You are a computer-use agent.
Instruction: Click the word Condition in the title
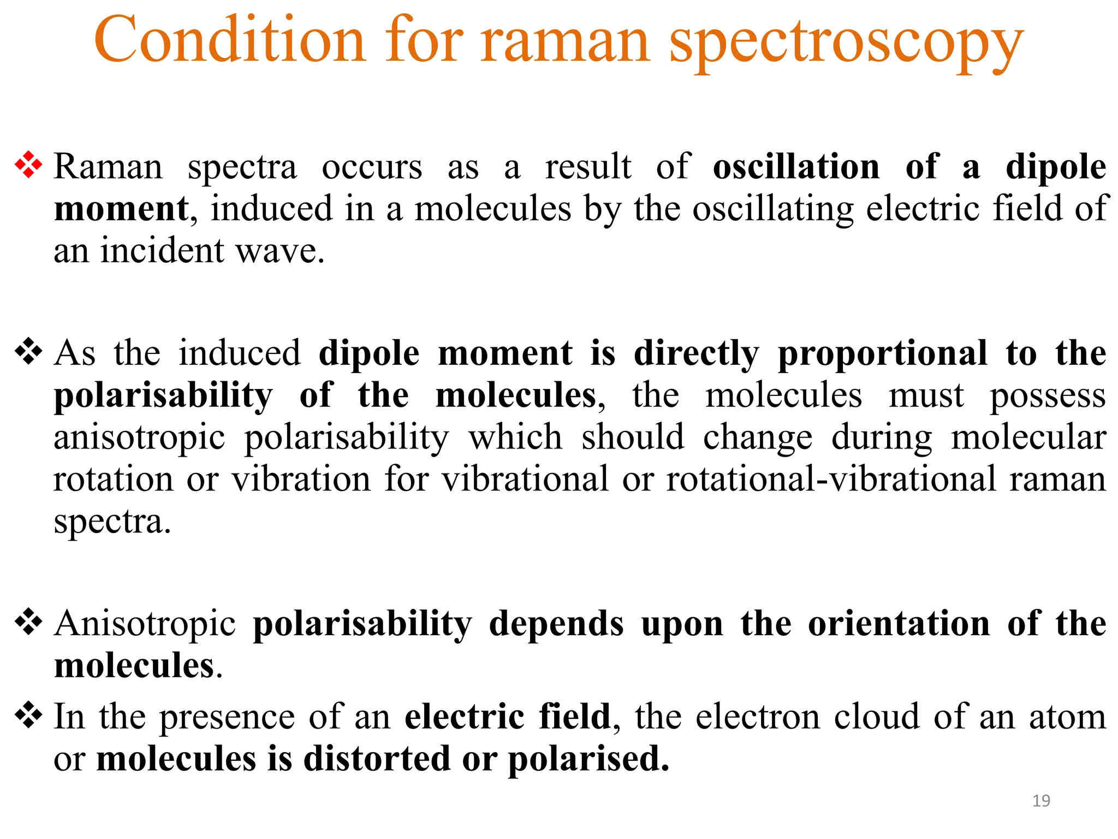tap(229, 40)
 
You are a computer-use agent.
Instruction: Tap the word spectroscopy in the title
tap(846, 44)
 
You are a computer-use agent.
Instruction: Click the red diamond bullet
tap(28, 165)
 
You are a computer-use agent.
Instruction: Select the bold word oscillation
tap(796, 167)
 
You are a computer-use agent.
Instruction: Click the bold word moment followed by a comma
tap(121, 209)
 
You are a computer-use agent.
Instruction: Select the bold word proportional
tap(882, 353)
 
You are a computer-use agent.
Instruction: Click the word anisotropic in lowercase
tap(139, 438)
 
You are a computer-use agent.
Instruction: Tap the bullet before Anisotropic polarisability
tap(28, 622)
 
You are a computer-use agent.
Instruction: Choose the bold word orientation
tap(899, 624)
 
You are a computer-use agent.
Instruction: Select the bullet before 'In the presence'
tap(28, 715)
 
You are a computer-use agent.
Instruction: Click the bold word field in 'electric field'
tap(574, 716)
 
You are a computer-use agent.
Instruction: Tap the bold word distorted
tap(376, 758)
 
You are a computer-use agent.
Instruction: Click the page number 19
tap(1041, 801)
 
